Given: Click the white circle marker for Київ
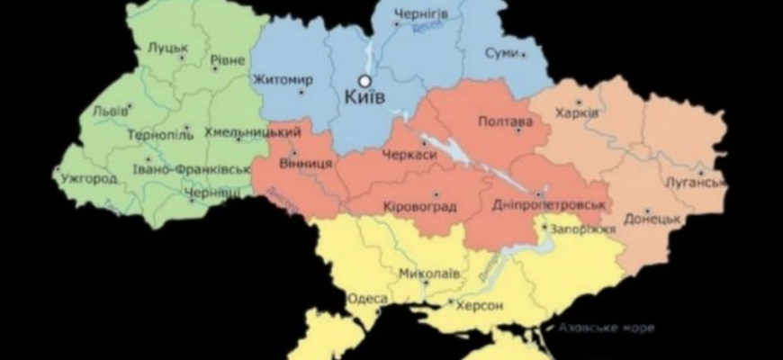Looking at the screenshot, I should [x=366, y=79].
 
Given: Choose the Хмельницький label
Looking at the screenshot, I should [x=253, y=131].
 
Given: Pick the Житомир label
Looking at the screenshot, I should [x=283, y=80].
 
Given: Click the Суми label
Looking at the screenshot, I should [x=500, y=53].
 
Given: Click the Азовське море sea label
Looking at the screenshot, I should [x=604, y=327].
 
